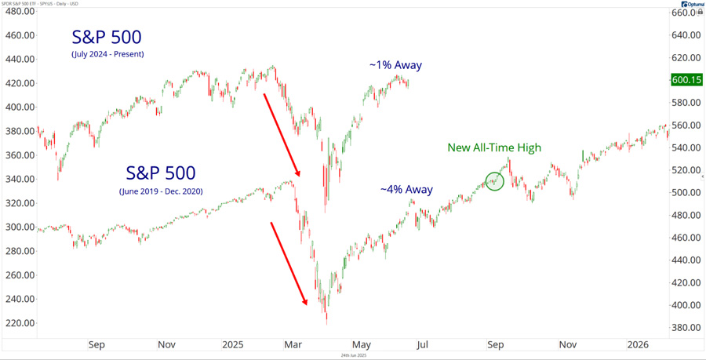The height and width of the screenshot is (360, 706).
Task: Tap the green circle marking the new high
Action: pos(495,181)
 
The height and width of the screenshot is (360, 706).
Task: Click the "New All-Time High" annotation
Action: pos(494,147)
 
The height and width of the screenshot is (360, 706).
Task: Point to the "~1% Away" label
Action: pos(396,65)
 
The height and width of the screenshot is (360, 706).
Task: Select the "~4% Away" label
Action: pos(406,189)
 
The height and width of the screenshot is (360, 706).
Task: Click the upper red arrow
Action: pos(282,134)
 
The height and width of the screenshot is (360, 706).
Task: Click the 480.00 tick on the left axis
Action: pos(19,35)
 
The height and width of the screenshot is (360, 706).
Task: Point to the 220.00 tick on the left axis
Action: pos(19,322)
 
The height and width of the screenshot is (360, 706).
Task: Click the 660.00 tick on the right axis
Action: pos(686,13)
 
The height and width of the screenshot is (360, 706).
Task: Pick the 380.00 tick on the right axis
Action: pos(686,328)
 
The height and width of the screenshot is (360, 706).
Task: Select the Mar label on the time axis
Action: pos(293,344)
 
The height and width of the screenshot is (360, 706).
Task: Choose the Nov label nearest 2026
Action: pos(567,344)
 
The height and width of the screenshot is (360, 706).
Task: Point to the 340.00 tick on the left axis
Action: pos(19,179)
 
